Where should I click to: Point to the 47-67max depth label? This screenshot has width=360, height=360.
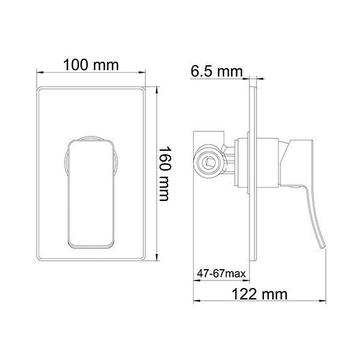tap(219, 273)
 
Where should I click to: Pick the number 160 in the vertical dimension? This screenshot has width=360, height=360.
tap(165, 158)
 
